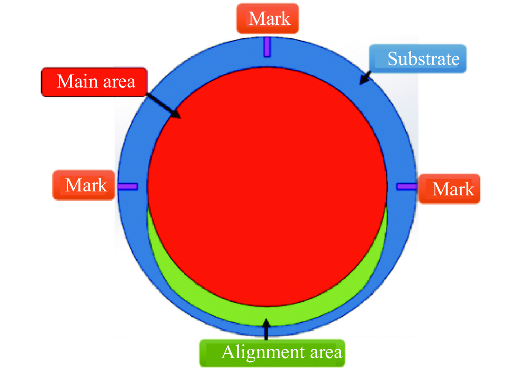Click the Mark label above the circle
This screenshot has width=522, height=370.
tap(267, 19)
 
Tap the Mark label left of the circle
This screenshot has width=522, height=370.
tap(84, 185)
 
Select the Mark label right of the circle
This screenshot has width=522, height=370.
tap(449, 188)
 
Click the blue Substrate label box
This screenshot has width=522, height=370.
tap(418, 59)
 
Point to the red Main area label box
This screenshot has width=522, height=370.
tap(94, 82)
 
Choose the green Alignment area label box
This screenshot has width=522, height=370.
tap(272, 353)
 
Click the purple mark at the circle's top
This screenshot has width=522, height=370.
tap(267, 47)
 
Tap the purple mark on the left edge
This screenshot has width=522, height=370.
tap(128, 187)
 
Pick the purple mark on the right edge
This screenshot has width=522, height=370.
tap(407, 187)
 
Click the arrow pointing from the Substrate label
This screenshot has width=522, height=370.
tap(365, 78)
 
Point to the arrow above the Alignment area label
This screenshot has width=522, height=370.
tap(266, 329)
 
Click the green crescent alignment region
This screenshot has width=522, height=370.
tap(267, 315)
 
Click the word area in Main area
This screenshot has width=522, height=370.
tap(119, 82)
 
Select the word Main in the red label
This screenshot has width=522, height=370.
tap(77, 81)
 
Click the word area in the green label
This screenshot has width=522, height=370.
tap(326, 353)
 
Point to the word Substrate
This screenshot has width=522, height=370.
tap(423, 59)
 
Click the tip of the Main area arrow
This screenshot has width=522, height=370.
tap(181, 118)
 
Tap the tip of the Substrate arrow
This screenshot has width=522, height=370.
tap(359, 84)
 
